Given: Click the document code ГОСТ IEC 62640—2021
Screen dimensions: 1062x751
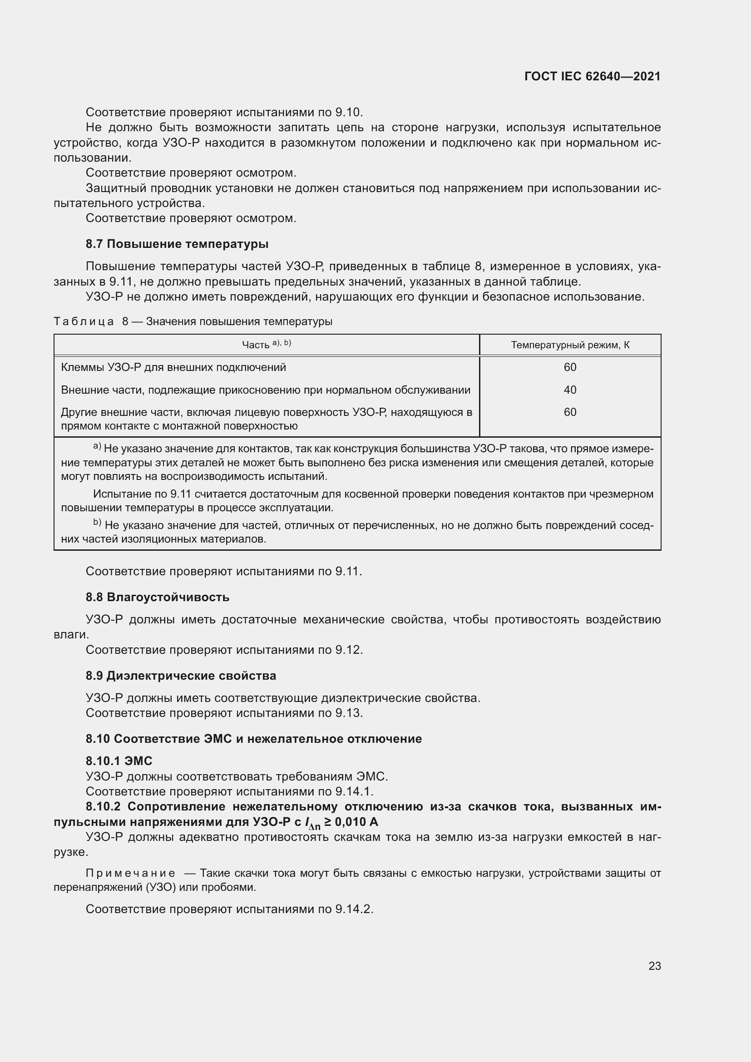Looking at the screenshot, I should pos(593,76).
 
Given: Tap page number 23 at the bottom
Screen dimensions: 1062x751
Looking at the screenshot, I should pos(654,966).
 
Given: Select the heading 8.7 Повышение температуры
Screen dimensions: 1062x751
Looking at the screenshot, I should pos(177,244).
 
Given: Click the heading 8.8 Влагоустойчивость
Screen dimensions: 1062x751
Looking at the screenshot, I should pos(157,597).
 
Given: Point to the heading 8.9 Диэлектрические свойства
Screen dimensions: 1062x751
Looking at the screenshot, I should pos(181,676).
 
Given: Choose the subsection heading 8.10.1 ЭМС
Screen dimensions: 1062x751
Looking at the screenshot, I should pos(119,761).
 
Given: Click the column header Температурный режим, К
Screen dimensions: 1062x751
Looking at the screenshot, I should pos(570,345).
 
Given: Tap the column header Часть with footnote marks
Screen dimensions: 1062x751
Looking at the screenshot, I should pos(267,345).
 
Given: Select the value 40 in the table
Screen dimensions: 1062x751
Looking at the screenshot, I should pos(570,390).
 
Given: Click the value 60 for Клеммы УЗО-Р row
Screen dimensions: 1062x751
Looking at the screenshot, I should pos(570,367).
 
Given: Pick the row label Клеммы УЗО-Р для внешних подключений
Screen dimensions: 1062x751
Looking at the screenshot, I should pos(173,367).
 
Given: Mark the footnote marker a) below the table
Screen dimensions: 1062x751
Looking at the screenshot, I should pos(97,447).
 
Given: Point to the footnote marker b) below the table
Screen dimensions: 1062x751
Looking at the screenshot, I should pos(97,523).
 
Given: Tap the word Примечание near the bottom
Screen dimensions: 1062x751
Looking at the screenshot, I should pos(130,873).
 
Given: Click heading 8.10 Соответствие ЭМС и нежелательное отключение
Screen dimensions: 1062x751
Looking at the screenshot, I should pos(253,739).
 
